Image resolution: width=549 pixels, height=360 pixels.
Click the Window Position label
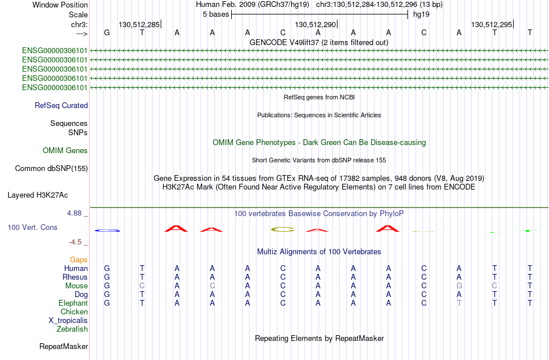60,5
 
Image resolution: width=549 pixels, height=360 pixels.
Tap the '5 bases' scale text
216,14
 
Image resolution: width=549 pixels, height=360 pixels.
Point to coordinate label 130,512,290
315,24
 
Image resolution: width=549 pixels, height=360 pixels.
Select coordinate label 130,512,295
491,24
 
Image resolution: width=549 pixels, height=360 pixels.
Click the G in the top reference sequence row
107,32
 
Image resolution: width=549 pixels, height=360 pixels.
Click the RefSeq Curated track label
61,105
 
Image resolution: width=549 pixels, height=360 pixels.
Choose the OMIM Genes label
65,151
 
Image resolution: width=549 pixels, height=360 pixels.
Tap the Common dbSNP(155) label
51,169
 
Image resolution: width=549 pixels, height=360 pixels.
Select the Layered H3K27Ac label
38,195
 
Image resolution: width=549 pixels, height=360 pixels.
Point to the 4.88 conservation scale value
74,213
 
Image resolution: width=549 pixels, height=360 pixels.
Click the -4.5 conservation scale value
75,242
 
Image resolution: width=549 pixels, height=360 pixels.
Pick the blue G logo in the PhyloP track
107,231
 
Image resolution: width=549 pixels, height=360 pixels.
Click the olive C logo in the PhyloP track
283,229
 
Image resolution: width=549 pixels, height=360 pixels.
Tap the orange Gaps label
79,260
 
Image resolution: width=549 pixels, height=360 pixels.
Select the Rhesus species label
75,277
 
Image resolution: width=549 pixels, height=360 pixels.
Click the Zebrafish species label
72,329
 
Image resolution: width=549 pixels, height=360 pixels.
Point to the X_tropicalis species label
68,321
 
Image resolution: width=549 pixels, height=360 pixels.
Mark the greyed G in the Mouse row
459,286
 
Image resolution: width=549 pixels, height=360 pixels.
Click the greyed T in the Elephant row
459,303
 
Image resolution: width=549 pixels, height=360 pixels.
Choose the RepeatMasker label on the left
64,346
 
